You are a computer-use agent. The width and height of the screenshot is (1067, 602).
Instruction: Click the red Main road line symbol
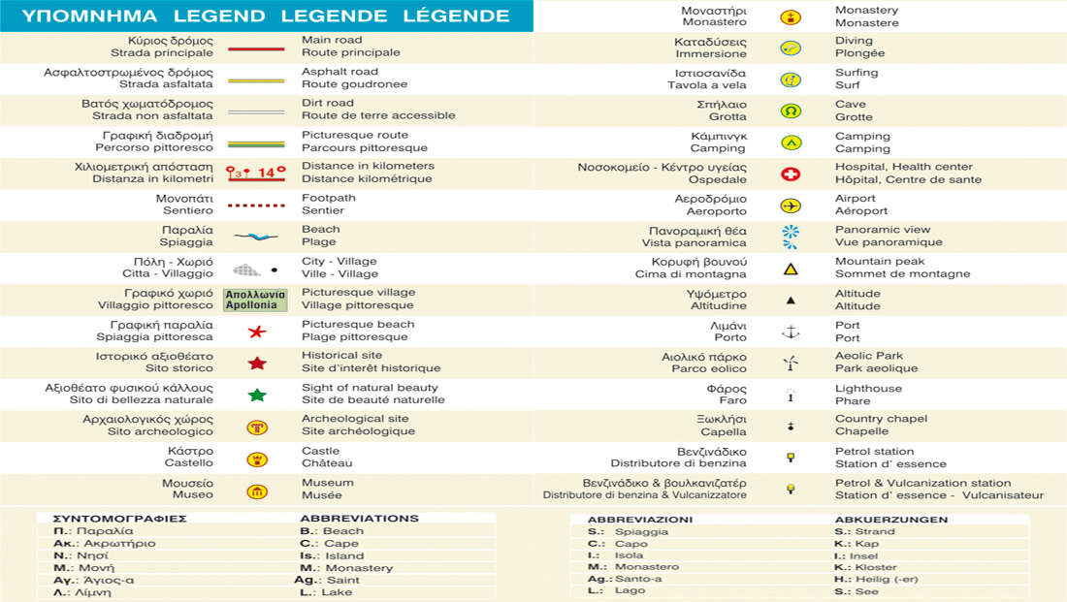tap(256, 48)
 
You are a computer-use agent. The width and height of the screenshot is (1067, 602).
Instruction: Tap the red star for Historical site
tap(257, 364)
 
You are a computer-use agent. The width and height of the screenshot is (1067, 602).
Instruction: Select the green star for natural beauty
tap(257, 396)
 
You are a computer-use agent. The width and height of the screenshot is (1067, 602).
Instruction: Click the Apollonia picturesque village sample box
tap(256, 300)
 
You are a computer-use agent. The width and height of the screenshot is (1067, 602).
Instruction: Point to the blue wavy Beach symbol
tap(256, 237)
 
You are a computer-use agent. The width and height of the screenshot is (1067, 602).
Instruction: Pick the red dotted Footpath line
tap(256, 206)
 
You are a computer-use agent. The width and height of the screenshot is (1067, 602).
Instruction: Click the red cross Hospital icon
tap(791, 174)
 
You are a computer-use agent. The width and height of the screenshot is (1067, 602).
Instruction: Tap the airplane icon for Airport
tap(791, 206)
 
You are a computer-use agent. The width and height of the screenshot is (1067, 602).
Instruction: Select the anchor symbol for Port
tap(791, 333)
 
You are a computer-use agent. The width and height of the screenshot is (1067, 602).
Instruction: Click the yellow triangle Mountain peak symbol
tap(791, 269)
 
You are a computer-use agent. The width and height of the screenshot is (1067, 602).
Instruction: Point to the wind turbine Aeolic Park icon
tap(791, 364)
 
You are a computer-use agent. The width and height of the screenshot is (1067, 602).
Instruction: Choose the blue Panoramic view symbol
tap(791, 237)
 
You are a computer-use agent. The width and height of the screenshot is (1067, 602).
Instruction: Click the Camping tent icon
tap(791, 143)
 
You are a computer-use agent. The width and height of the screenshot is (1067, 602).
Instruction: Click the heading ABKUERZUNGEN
tap(890, 520)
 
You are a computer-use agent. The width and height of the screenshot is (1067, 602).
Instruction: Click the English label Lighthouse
tap(868, 389)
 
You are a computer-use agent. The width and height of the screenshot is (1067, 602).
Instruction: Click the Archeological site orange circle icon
tap(257, 428)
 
